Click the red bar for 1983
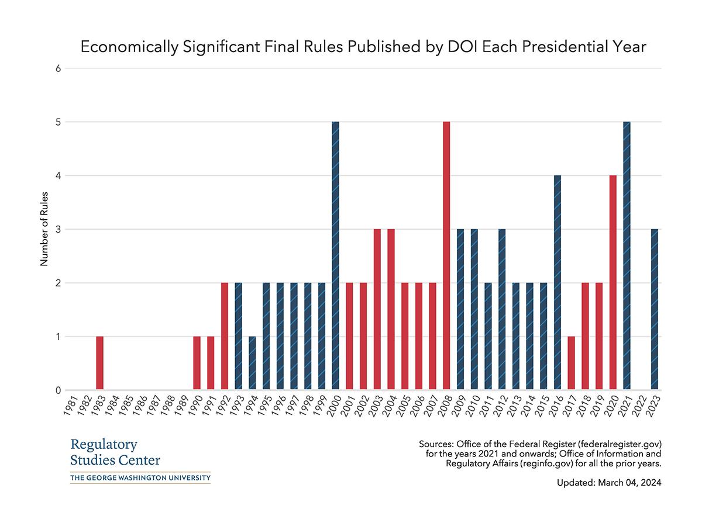click(x=99, y=363)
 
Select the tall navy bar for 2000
click(x=336, y=256)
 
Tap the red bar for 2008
click(x=446, y=256)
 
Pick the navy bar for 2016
click(x=558, y=283)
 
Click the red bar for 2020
click(x=613, y=283)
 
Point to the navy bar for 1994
click(x=252, y=363)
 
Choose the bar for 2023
click(x=655, y=310)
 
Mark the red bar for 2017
click(x=572, y=363)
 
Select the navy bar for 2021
click(x=627, y=256)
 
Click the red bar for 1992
click(x=225, y=336)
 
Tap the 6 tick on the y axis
click(x=58, y=68)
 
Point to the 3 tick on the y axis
click(x=58, y=229)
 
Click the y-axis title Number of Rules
click(x=44, y=229)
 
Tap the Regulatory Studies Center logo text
click(x=115, y=452)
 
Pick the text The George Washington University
click(x=140, y=478)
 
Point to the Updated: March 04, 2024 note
click(x=609, y=484)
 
